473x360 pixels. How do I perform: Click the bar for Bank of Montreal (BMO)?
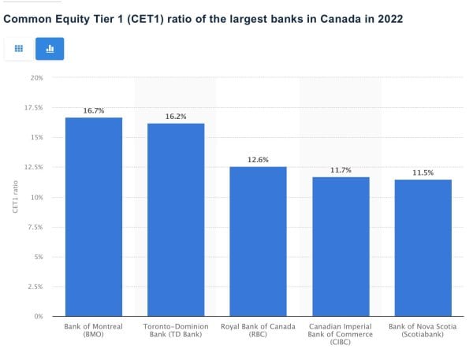(x=93, y=217)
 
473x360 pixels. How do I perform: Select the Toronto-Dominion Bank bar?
(x=176, y=220)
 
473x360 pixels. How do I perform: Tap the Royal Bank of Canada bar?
(x=258, y=241)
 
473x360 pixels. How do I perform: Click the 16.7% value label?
(x=93, y=111)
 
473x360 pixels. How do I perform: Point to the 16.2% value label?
(x=176, y=117)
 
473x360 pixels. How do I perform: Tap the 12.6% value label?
(x=258, y=160)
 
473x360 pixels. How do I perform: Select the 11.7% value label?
(x=341, y=170)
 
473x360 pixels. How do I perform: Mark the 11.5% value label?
(x=423, y=173)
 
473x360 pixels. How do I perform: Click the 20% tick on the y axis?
(x=36, y=78)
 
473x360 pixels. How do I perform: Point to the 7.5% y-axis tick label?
(x=35, y=227)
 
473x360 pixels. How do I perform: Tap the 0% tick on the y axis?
(x=38, y=317)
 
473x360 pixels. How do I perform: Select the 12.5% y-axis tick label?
(x=33, y=167)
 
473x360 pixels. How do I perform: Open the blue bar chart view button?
(x=50, y=49)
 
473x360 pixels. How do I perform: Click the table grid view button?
(x=19, y=49)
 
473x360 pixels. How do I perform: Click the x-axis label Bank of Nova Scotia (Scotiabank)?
(x=423, y=330)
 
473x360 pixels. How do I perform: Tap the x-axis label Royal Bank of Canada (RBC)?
(x=258, y=330)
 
